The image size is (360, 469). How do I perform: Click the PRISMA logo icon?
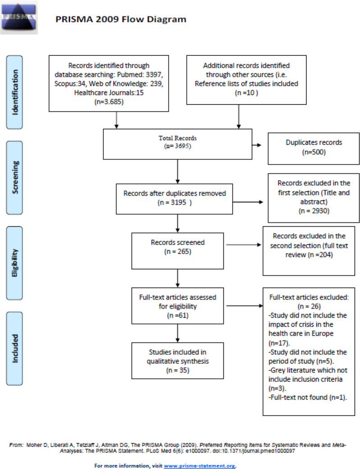(19, 18)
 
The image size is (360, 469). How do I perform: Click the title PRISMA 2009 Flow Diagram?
(121, 19)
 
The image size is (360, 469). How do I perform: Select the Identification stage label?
(14, 92)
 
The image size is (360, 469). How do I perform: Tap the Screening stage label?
(14, 178)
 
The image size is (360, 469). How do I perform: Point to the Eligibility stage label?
(14, 263)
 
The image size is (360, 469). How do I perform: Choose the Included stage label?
(14, 348)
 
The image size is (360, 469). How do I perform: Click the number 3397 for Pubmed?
(155, 74)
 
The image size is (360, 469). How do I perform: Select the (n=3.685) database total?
(109, 102)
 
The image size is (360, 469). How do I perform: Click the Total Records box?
(178, 144)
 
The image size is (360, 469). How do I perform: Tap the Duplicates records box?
(314, 149)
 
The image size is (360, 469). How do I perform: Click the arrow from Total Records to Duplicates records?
(257, 145)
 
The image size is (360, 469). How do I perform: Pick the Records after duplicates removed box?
(174, 199)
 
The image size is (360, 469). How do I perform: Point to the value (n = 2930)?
(314, 211)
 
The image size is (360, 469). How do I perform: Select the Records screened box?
(178, 251)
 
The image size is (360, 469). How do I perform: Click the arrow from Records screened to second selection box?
(244, 245)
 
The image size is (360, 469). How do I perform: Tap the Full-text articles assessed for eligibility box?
(178, 306)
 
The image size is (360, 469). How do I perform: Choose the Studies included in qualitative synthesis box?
(178, 361)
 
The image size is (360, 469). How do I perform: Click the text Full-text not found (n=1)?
(308, 397)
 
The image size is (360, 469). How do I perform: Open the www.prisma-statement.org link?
(199, 466)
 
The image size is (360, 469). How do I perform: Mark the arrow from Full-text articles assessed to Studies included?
(178, 333)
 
